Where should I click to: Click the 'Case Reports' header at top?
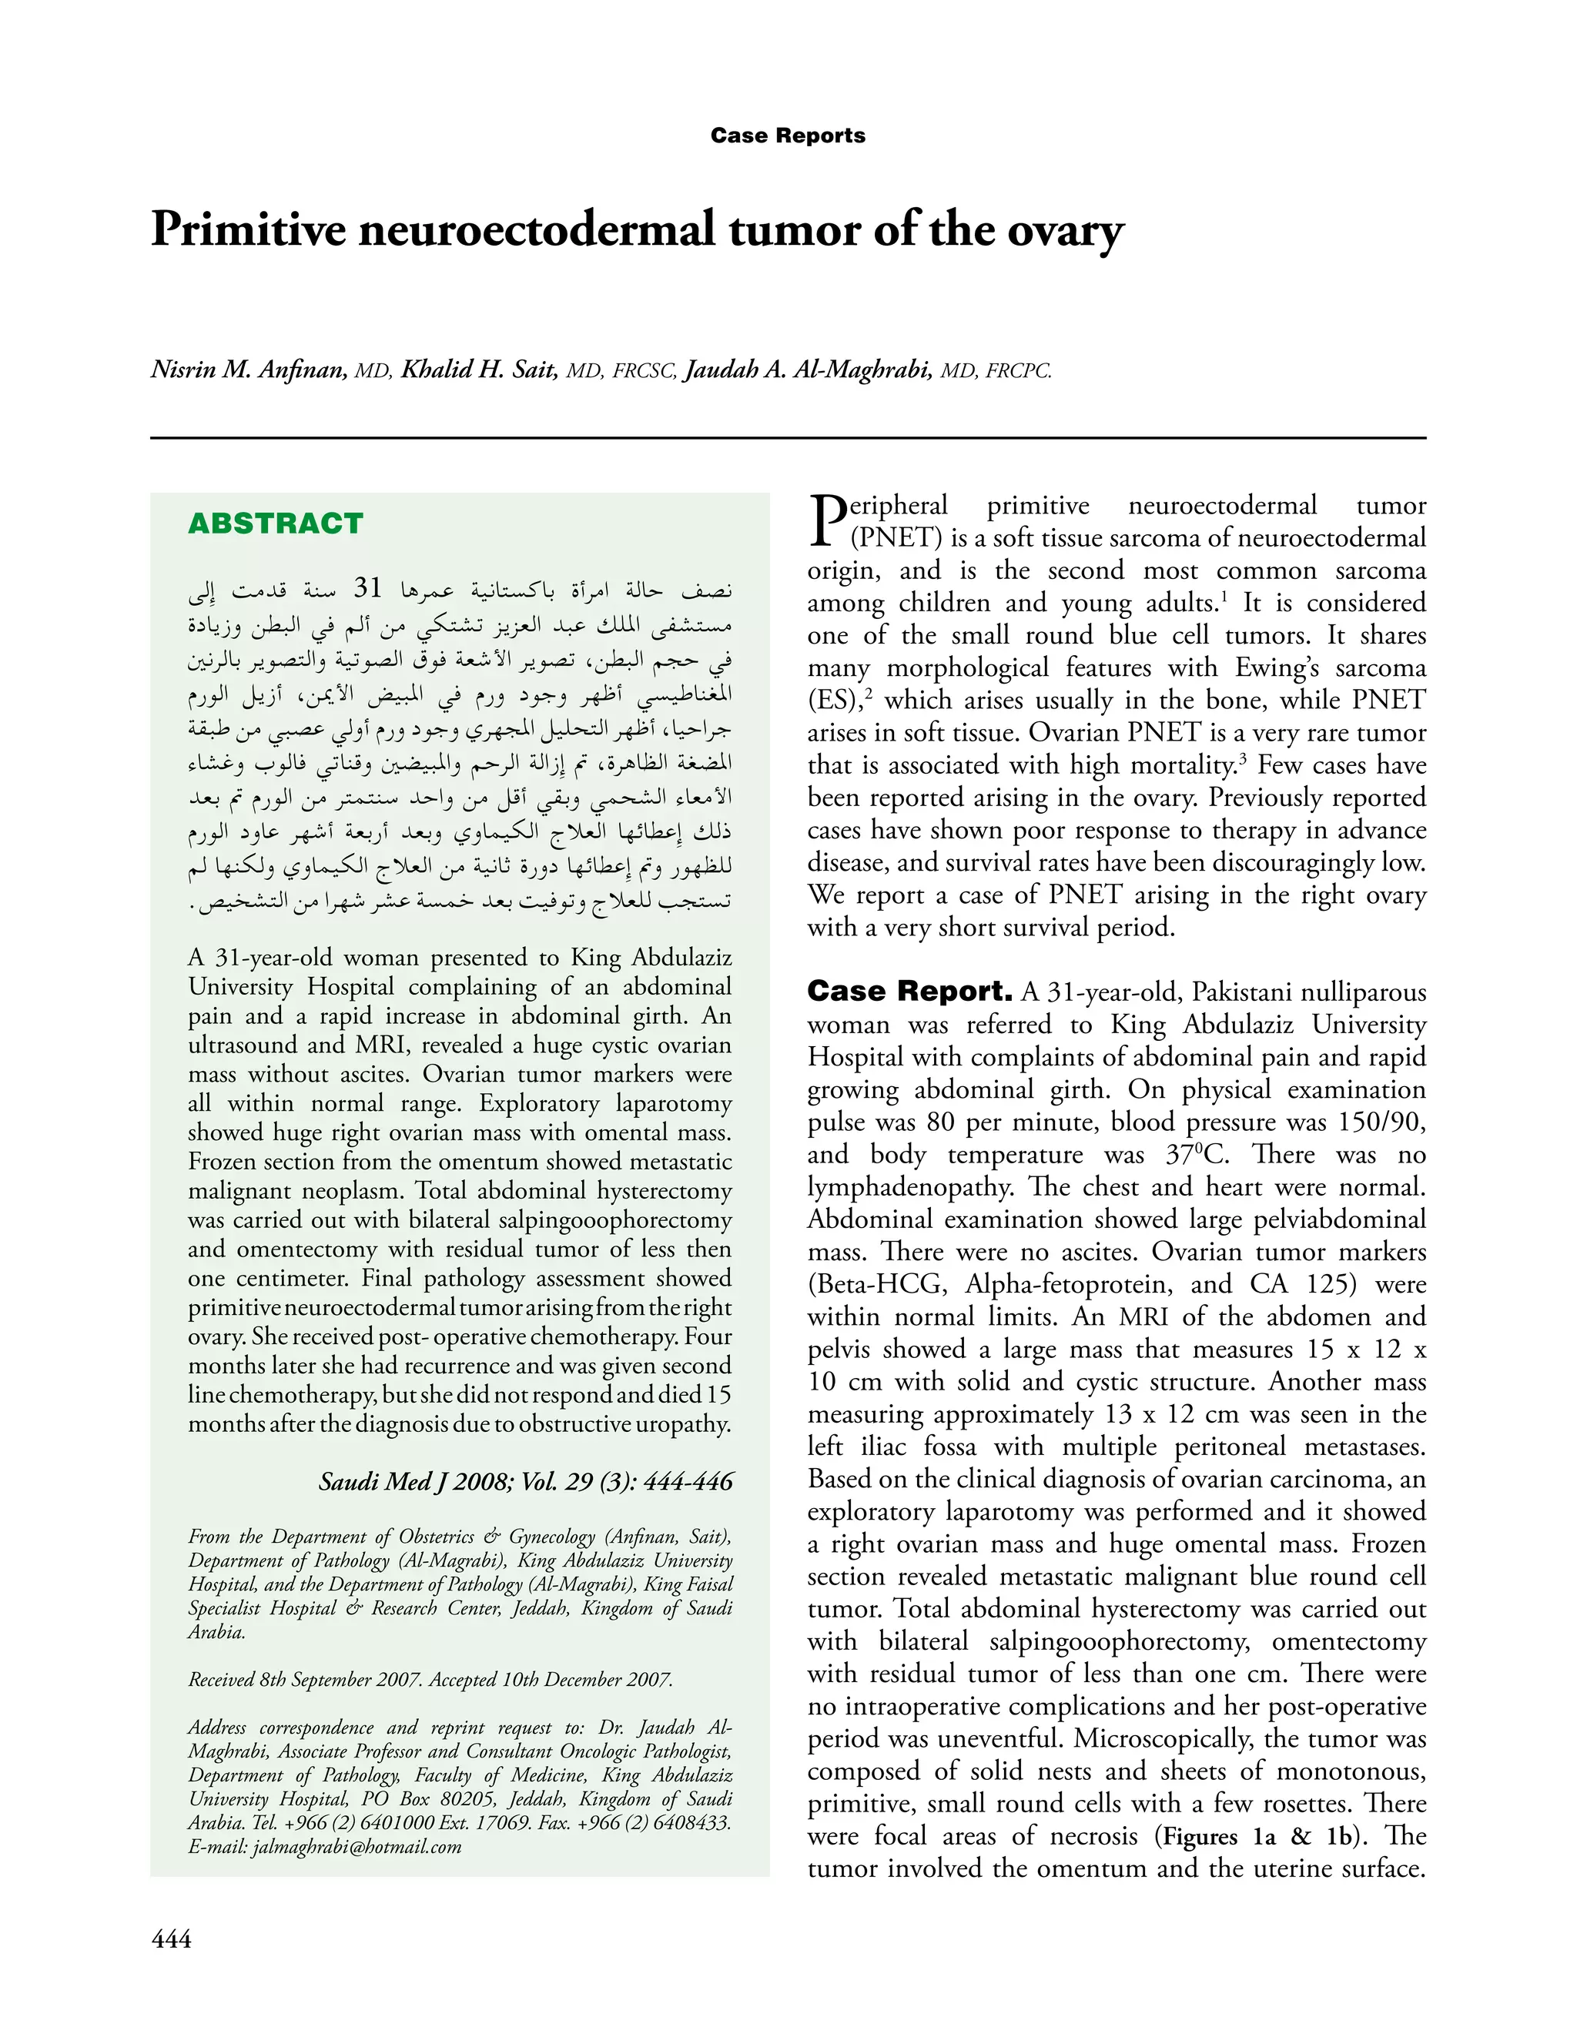coord(787,135)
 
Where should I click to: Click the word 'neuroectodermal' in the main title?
coord(537,230)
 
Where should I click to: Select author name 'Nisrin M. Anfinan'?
coord(249,370)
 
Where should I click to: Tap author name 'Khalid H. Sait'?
coord(479,370)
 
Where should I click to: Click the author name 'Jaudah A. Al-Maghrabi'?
coord(808,370)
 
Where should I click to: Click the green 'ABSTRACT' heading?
coord(275,523)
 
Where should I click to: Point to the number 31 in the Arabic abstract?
coord(369,588)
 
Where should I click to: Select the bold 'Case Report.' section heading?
coord(909,992)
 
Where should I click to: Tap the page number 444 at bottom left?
coord(171,1938)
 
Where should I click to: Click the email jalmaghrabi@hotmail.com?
coord(324,1846)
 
